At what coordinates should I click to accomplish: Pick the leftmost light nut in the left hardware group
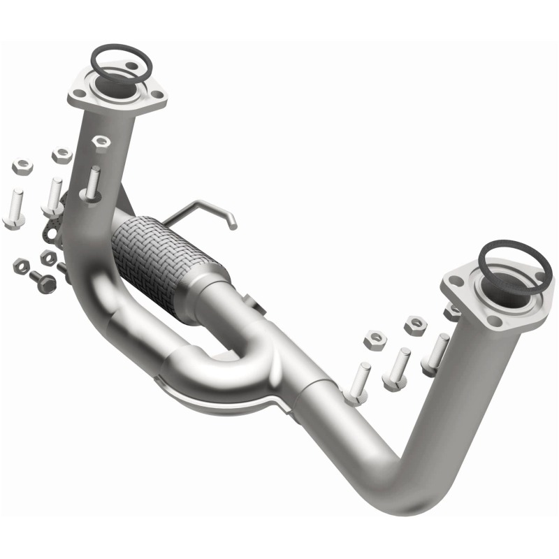(22, 166)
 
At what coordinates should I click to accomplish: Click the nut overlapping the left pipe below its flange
(101, 143)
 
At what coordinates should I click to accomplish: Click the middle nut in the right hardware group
(415, 324)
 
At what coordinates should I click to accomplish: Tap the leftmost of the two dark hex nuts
(21, 266)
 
